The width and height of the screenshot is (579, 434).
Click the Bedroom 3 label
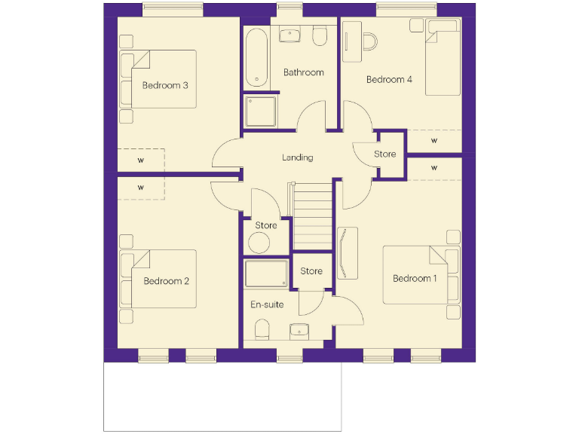click(x=164, y=85)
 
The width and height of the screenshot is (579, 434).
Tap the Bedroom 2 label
click(x=166, y=281)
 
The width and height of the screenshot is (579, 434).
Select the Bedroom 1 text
click(x=414, y=279)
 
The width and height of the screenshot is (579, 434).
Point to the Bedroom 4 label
click(x=389, y=79)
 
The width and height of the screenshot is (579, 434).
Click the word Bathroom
click(x=303, y=72)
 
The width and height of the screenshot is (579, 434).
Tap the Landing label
click(x=297, y=157)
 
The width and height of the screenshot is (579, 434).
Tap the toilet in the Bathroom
click(x=319, y=36)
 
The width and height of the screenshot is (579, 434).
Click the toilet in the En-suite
click(x=262, y=329)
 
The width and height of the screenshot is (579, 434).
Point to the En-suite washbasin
click(x=299, y=330)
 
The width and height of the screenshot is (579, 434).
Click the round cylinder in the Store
click(x=259, y=243)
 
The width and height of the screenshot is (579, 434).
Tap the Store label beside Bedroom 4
click(x=384, y=154)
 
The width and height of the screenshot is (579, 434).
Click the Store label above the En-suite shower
click(x=311, y=271)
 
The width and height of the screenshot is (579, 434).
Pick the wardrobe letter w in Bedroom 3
click(x=141, y=160)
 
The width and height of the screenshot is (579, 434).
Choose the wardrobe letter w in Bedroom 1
click(x=434, y=167)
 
